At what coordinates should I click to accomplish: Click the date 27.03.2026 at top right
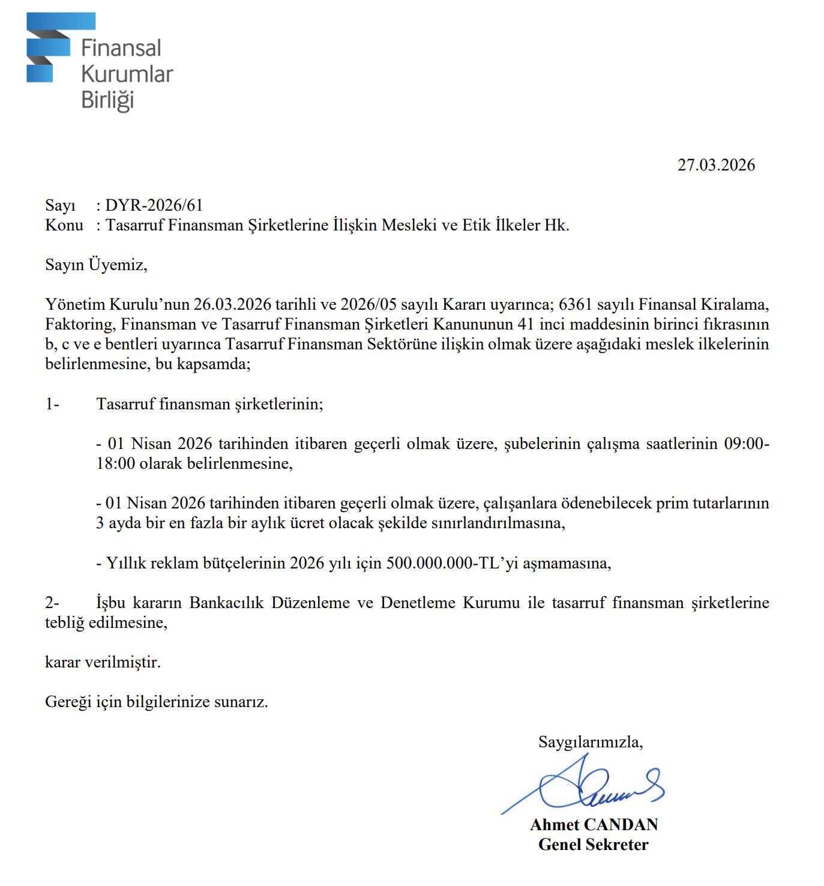click(716, 165)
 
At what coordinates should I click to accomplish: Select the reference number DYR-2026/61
click(154, 205)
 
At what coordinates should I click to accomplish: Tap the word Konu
click(64, 225)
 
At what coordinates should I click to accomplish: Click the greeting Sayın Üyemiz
click(96, 265)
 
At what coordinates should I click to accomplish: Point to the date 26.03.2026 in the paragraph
click(232, 304)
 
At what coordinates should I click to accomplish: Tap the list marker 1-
click(52, 404)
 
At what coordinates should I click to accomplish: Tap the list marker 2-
click(52, 603)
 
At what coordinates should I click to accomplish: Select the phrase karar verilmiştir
click(103, 663)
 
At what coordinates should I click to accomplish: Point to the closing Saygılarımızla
click(590, 742)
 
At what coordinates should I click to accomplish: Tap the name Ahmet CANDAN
click(594, 825)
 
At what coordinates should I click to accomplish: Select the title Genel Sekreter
click(593, 845)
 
